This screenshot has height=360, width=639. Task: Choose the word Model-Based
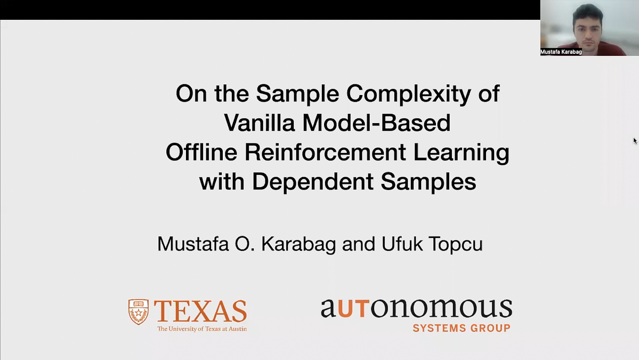pyautogui.click(x=376, y=123)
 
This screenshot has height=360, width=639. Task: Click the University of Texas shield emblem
pyautogui.click(x=138, y=312)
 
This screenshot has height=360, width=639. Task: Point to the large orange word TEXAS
pyautogui.click(x=200, y=310)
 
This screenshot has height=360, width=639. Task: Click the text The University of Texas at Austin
pyautogui.click(x=201, y=329)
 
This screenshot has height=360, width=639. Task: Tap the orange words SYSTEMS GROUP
pyautogui.click(x=462, y=328)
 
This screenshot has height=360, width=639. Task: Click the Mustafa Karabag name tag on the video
pyautogui.click(x=561, y=52)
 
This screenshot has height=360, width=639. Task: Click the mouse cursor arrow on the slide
pyautogui.click(x=635, y=141)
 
